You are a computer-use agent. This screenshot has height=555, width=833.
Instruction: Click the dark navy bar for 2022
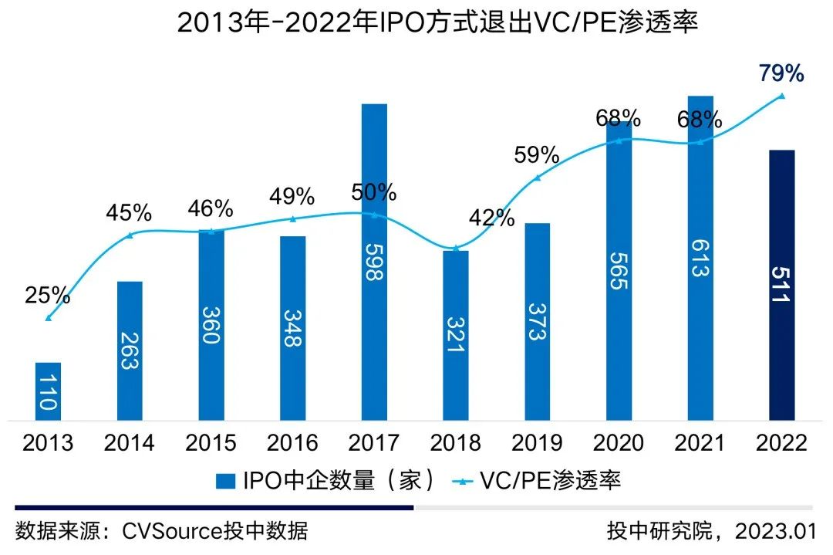[x=782, y=286]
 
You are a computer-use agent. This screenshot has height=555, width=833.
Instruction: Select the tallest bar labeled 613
[x=700, y=259]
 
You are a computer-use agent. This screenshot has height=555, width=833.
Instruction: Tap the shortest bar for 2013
[x=49, y=391]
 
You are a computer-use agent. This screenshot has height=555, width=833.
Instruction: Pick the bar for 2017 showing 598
[x=374, y=262]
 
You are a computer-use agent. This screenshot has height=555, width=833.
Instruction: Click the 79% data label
[x=782, y=74]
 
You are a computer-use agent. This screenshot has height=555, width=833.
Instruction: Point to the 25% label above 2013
[x=48, y=295]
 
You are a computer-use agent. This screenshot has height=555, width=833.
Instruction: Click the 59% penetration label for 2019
[x=537, y=154]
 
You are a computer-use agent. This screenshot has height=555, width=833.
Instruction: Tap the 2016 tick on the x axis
[x=292, y=443]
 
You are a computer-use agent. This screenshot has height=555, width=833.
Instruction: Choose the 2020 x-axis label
[x=619, y=443]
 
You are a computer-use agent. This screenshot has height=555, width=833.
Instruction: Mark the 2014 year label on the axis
[x=130, y=443]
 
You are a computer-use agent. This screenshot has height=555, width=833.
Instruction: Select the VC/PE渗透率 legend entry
[x=540, y=481]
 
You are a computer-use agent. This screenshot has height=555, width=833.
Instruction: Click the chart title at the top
[x=416, y=22]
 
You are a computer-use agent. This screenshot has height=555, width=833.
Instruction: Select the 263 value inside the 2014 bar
[x=130, y=351]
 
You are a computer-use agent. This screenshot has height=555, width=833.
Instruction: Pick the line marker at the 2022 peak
[x=782, y=96]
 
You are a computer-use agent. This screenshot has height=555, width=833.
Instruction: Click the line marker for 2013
[x=49, y=317]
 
